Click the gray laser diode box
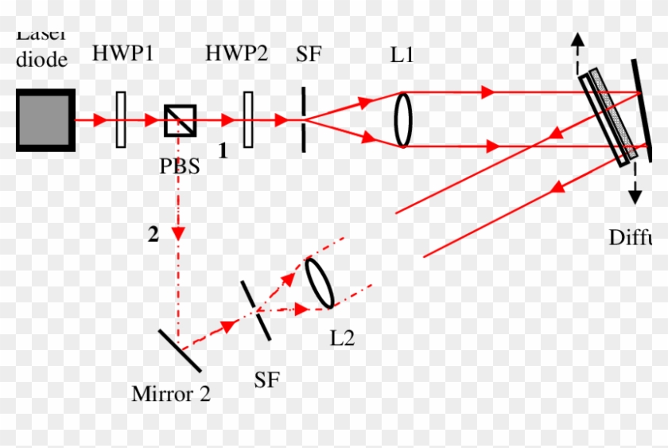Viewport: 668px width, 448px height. pyautogui.click(x=45, y=120)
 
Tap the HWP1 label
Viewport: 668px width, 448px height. pyautogui.click(x=122, y=54)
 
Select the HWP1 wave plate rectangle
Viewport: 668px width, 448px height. pyautogui.click(x=120, y=120)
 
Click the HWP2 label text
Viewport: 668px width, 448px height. pyautogui.click(x=236, y=54)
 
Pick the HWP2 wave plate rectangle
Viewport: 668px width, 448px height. pyautogui.click(x=249, y=120)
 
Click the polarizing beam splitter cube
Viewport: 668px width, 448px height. pyautogui.click(x=181, y=120)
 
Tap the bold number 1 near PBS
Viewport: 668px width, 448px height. pyautogui.click(x=223, y=150)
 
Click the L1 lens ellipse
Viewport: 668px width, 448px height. pyautogui.click(x=403, y=119)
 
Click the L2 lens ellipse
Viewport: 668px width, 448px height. pyautogui.click(x=319, y=282)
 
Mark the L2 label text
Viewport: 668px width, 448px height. pyautogui.click(x=342, y=338)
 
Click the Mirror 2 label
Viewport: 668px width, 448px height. pyautogui.click(x=171, y=394)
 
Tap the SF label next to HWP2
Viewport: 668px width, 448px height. pyautogui.click(x=309, y=54)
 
